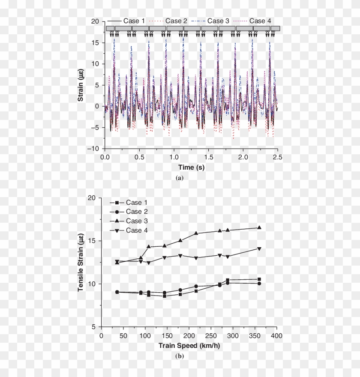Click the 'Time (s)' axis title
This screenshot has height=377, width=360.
coord(191,167)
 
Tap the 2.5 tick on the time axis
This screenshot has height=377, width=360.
coord(278,157)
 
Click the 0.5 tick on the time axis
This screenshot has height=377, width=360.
coord(139,157)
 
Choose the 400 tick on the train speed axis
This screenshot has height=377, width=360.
coord(277,335)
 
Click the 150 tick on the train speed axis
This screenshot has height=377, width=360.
coord(167,335)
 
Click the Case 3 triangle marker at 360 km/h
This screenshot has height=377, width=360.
coord(259,227)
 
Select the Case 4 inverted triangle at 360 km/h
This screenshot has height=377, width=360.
coord(259,248)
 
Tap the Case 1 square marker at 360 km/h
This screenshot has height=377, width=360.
coord(259,279)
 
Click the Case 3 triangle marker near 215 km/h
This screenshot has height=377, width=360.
coord(196,233)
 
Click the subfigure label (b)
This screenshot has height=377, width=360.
coord(180,356)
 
